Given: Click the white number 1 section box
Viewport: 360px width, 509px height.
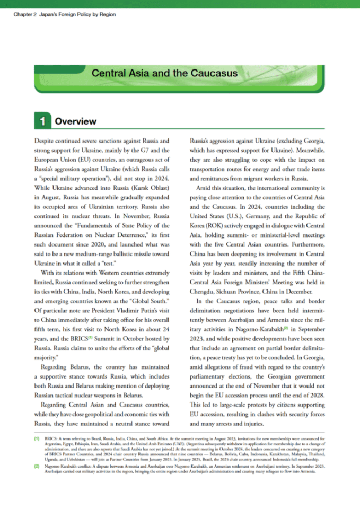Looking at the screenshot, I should [x=41, y=121].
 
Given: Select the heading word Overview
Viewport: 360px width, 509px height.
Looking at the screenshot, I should [x=76, y=121].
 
